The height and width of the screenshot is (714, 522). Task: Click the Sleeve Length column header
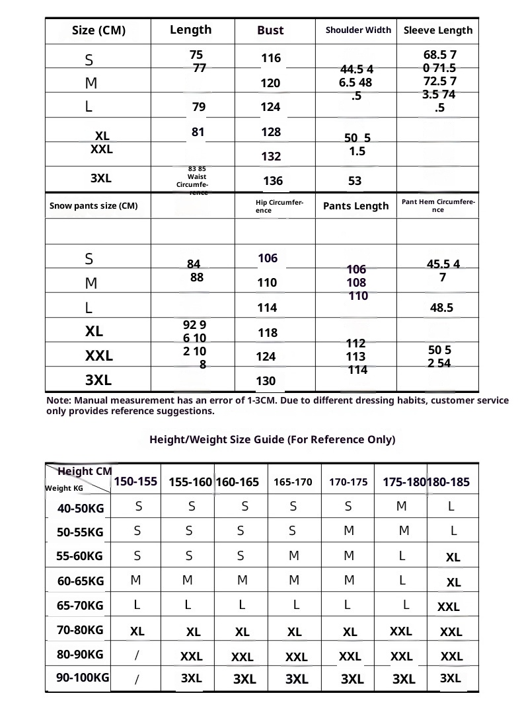tap(438, 30)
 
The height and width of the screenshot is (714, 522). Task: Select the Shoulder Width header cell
tap(358, 30)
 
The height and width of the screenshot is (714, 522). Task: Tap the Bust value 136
tap(273, 181)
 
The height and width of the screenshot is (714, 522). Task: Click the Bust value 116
tap(271, 59)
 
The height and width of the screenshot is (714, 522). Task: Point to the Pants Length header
tap(355, 206)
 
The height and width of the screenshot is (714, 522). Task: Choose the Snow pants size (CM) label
tap(93, 206)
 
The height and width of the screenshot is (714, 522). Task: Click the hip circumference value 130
tap(266, 381)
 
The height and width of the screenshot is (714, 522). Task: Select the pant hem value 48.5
tap(443, 308)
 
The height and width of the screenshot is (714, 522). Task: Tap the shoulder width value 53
tap(355, 181)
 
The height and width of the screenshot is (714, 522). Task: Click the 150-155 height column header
tap(135, 482)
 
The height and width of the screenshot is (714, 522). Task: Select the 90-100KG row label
tap(83, 678)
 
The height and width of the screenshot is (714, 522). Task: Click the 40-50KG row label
tap(81, 509)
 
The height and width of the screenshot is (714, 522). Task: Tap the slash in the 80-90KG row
tap(137, 655)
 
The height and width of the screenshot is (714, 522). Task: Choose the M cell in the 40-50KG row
tap(402, 507)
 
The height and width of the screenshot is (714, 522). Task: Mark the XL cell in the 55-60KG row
tap(453, 557)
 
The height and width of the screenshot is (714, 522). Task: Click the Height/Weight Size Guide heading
tap(272, 440)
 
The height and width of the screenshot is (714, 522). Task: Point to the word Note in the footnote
tap(59, 400)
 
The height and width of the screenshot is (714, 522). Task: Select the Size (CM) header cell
tap(98, 31)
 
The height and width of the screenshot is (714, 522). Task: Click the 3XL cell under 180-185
tap(450, 678)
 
